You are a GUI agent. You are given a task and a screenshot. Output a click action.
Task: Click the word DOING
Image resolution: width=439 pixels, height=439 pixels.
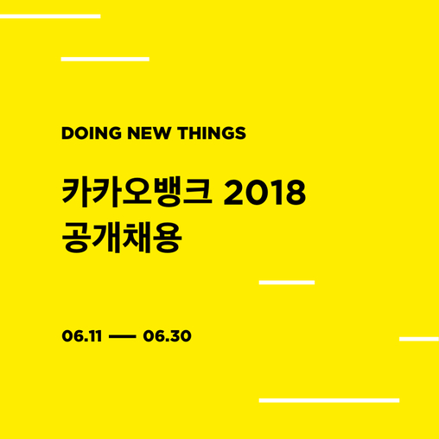tap(92, 133)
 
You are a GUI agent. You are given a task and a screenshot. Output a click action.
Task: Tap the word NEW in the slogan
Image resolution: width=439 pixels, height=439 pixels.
tap(150, 133)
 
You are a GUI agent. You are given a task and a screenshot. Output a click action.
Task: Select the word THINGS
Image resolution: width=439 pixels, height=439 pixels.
tap(212, 133)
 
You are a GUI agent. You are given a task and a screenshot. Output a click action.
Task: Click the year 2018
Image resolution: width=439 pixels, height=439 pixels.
tap(264, 192)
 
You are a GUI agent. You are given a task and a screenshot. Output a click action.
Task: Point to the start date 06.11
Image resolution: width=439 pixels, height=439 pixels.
tap(82, 336)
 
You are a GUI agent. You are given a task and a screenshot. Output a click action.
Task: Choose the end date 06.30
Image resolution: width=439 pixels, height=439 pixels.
tap(167, 336)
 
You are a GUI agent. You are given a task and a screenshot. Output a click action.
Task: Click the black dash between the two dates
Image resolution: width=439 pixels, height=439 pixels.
tap(123, 336)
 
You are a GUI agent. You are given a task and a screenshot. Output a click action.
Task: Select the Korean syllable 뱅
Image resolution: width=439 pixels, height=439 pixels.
tap(168, 192)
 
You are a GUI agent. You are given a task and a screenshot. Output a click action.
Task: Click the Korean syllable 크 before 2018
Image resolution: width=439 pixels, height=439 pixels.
tap(198, 191)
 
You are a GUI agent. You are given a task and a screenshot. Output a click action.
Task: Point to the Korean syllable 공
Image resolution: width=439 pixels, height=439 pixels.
tap(75, 238)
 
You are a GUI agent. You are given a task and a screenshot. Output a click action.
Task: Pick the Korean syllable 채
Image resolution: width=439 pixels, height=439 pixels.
tap(137, 238)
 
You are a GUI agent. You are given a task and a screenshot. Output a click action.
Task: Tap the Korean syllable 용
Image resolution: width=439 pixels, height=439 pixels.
tap(168, 238)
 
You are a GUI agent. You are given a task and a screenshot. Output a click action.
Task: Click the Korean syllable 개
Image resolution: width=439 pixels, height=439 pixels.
tap(106, 238)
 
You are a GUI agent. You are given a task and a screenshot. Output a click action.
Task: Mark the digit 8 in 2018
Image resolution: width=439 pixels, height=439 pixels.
tap(295, 193)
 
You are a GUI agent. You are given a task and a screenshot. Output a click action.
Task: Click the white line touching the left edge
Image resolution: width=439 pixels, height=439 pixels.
tap(50, 16)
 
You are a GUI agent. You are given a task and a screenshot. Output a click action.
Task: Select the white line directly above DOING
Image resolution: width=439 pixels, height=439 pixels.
tap(105, 59)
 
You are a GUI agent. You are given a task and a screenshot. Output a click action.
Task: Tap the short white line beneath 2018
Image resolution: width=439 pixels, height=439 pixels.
tap(287, 283)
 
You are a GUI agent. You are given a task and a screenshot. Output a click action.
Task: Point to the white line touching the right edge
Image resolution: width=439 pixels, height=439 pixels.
tap(419, 339)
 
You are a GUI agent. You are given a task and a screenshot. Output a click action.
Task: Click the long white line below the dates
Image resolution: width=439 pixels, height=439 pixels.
tap(329, 400)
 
